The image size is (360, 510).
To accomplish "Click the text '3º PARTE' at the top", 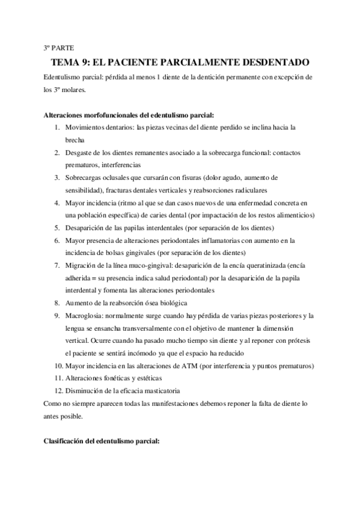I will pyautogui.click(x=58, y=47).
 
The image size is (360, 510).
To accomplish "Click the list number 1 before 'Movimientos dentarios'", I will pyautogui.click(x=56, y=128).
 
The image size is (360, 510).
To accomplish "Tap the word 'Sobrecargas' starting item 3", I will pyautogui.click(x=84, y=178).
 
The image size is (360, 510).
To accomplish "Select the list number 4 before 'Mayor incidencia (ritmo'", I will pyautogui.click(x=56, y=203).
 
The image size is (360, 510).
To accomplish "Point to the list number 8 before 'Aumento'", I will pyautogui.click(x=56, y=303).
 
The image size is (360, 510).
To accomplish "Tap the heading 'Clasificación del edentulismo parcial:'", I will pyautogui.click(x=102, y=442).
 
